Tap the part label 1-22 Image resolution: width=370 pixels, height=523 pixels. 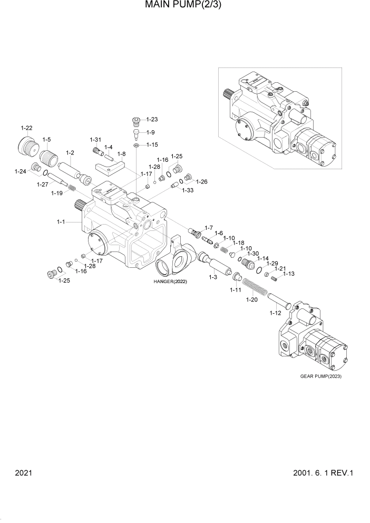(26, 128)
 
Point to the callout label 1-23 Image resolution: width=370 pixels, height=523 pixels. (152, 119)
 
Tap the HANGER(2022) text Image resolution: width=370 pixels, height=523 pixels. (170, 282)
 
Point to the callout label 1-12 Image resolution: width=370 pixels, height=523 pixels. (275, 313)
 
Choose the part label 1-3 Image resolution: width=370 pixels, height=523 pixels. (213, 277)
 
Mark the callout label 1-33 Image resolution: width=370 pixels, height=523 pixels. (188, 190)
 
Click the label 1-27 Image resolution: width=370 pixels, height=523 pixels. (43, 185)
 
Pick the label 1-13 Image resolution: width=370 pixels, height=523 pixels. (289, 274)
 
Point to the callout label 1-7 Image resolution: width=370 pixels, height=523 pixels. (208, 228)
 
